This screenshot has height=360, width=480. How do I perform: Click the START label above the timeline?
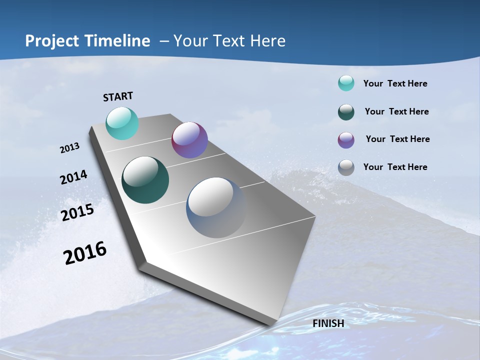118,96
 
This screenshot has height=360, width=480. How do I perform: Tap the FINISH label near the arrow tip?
328,323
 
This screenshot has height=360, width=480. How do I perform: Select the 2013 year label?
69,148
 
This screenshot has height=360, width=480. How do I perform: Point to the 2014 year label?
73,177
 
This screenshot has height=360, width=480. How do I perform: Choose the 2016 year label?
85,253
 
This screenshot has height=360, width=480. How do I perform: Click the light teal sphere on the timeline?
122,123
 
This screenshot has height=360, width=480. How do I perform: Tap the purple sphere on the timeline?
189,140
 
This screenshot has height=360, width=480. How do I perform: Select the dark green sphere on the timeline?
145,180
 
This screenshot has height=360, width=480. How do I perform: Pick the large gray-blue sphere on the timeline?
216,207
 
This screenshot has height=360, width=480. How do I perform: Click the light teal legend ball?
346,83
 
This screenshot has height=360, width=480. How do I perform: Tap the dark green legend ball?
346,112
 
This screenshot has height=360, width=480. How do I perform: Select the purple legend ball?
346,140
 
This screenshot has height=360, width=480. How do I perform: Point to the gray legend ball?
346,167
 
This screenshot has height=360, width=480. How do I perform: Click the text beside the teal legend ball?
395,83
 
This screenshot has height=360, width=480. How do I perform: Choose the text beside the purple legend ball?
397,139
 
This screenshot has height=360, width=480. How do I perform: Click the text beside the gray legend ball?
395,167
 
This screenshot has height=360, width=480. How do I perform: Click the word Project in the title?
52,41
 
